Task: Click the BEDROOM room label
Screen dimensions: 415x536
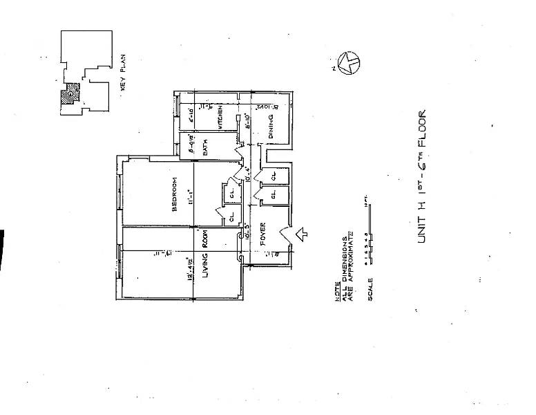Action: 176,196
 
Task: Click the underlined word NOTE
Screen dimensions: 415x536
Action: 336,290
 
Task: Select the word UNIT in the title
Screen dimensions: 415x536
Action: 421,228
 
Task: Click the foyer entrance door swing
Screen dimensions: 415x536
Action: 286,236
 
